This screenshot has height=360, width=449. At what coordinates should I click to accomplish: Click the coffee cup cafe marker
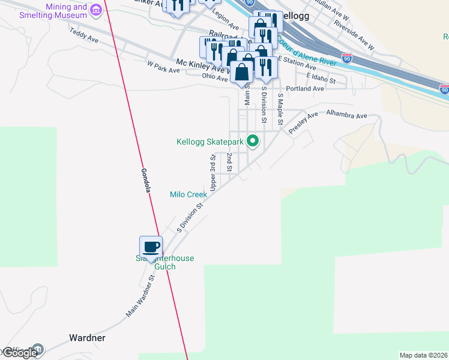[x=151, y=246]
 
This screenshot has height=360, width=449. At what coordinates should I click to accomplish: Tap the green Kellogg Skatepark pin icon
[x=253, y=142]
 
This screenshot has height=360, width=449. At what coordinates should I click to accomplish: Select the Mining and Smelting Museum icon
[x=95, y=10]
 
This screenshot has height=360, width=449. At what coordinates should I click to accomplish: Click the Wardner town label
[x=88, y=338]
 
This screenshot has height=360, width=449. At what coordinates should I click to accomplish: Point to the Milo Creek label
[x=188, y=194]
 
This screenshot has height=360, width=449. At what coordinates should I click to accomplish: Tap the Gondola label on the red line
[x=145, y=178]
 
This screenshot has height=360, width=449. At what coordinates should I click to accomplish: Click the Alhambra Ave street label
[x=346, y=114]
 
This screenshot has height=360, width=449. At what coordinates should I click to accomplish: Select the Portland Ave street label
[x=305, y=89]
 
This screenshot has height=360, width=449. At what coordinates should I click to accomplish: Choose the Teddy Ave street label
[x=84, y=36]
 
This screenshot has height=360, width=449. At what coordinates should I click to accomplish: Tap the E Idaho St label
[x=321, y=77]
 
